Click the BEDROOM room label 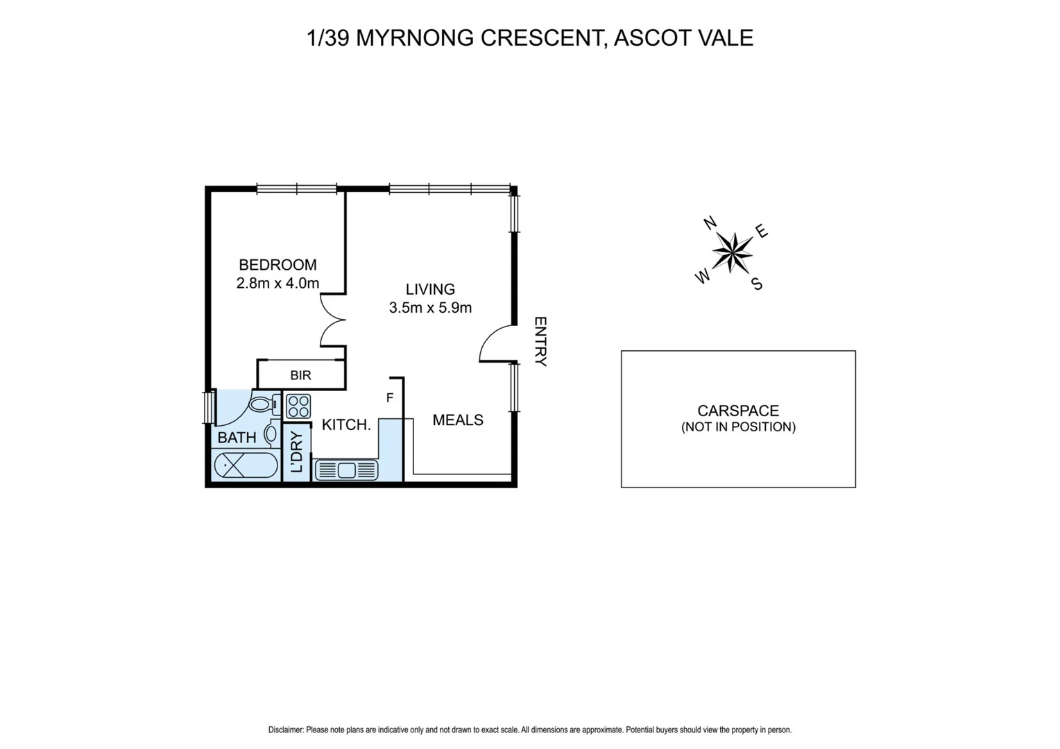coord(277,265)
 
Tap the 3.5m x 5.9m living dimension coord(430,308)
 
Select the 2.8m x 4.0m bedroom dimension coord(277,283)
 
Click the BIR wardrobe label coord(300,375)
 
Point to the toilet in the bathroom coord(263,404)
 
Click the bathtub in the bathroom coord(246,465)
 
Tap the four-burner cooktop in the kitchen coord(298,406)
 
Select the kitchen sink coord(346,470)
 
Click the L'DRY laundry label coord(297,452)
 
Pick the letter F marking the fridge coord(390,398)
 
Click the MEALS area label coord(458,420)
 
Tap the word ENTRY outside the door coord(540,341)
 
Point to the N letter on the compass coord(710,223)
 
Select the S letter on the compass coord(757,284)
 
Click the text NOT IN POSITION coord(738,427)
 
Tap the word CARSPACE coord(738,411)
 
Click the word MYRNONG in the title coord(415,37)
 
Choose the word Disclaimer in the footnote coord(286,730)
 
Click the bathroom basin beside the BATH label coord(271,434)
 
